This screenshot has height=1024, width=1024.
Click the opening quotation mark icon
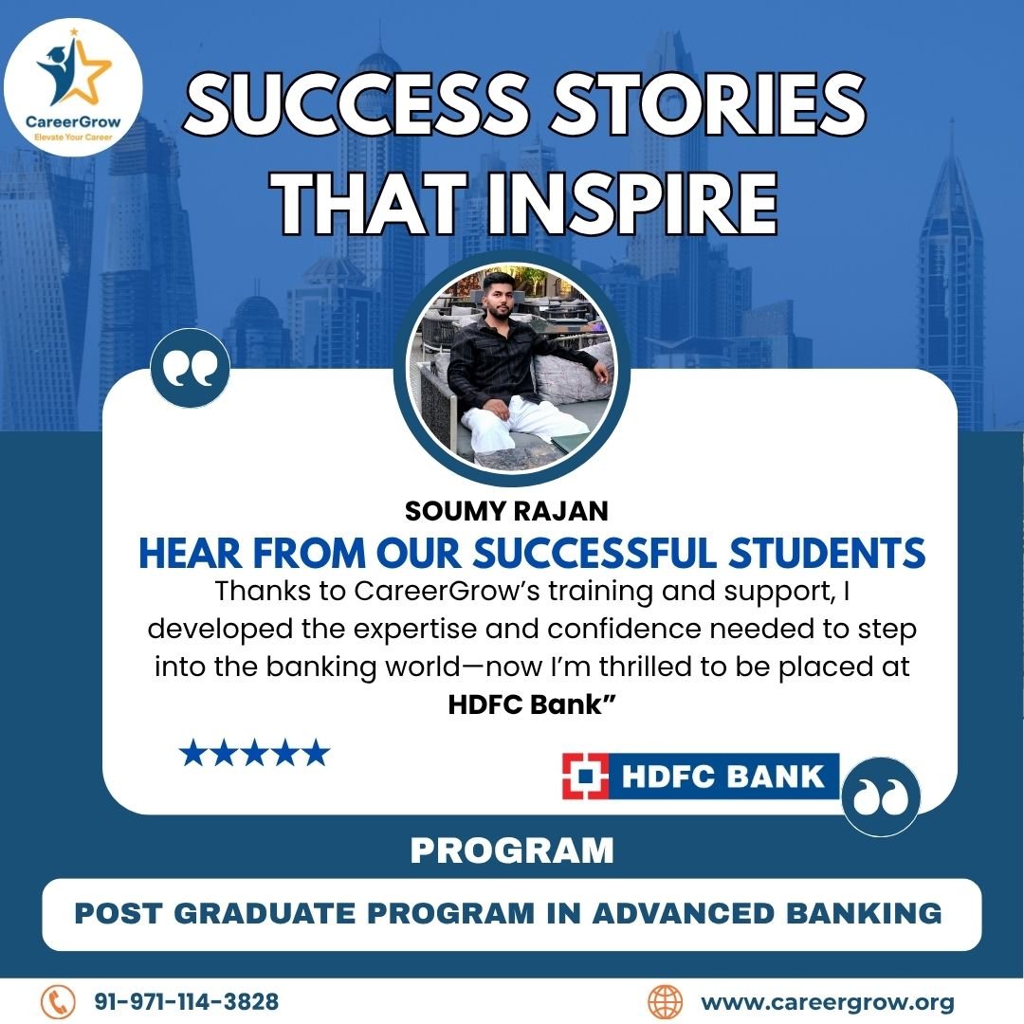(190, 368)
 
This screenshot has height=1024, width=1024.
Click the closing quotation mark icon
(880, 796)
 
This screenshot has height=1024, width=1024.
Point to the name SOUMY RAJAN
(506, 511)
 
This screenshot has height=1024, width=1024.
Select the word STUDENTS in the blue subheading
(827, 553)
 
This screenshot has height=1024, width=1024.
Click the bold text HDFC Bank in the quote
(532, 704)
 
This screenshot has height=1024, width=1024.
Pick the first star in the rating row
(192, 753)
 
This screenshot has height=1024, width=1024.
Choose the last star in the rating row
(317, 753)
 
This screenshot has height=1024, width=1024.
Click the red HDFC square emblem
(585, 776)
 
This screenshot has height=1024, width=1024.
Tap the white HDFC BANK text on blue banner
(722, 777)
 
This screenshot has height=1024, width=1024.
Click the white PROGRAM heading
(512, 850)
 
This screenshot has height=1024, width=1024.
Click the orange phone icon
(59, 1001)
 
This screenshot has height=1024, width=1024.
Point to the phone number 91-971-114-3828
(186, 1001)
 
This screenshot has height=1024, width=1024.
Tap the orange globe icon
(665, 1002)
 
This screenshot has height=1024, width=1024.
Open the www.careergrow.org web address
(828, 1002)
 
